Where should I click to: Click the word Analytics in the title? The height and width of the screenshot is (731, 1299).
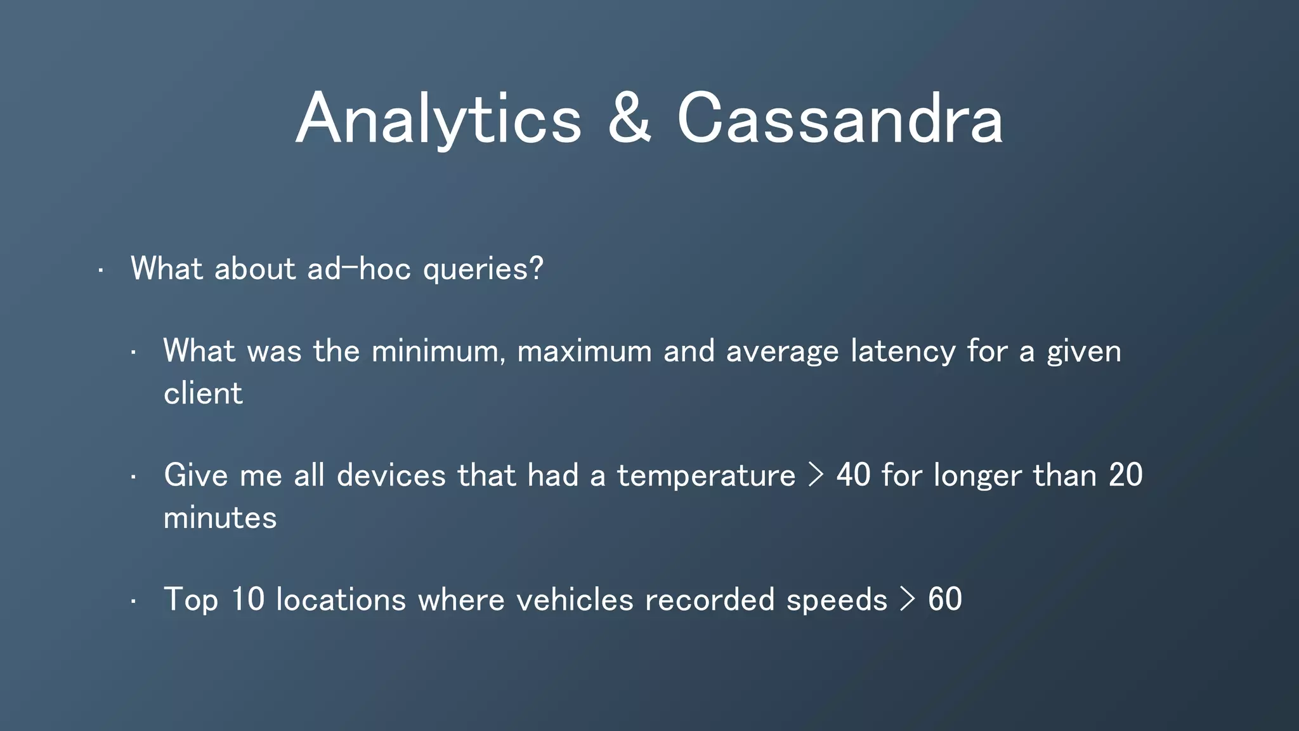(438, 119)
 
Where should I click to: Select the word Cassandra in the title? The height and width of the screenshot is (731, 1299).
(840, 119)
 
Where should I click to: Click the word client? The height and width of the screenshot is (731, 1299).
(203, 393)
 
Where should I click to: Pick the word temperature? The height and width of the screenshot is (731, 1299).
(706, 476)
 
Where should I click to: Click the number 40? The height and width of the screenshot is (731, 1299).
(853, 476)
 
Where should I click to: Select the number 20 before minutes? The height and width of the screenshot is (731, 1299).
(1125, 476)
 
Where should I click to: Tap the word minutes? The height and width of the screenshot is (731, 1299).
(220, 518)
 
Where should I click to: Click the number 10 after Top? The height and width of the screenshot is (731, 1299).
(247, 600)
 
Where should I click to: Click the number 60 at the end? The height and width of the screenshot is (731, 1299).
(944, 600)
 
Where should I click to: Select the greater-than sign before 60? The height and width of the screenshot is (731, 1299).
(908, 600)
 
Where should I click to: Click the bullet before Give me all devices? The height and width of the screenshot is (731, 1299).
(134, 477)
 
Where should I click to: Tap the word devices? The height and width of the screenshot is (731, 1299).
(391, 476)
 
